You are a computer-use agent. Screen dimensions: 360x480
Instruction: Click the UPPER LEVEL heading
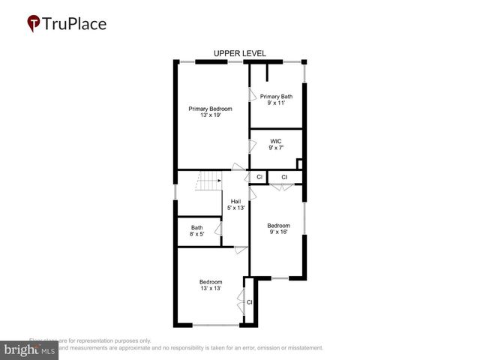tap(239, 53)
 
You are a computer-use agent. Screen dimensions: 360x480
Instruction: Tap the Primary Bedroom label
tap(210, 109)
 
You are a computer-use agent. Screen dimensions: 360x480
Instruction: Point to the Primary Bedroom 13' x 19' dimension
tap(210, 116)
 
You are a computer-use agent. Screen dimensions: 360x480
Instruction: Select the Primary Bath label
tap(276, 96)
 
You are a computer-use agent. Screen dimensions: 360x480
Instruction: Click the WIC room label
tap(276, 140)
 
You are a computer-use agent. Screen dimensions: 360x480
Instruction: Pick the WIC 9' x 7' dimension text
tap(276, 148)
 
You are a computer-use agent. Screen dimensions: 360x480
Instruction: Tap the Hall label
tap(236, 201)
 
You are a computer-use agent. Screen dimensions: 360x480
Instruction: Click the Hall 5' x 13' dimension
tap(236, 208)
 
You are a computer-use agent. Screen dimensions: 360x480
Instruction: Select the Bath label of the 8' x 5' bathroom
tap(196, 228)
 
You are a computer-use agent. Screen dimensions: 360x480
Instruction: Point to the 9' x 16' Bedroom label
tap(279, 225)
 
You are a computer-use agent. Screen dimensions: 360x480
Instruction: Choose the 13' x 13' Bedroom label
tap(211, 281)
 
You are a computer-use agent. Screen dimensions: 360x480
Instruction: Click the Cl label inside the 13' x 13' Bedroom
tap(250, 302)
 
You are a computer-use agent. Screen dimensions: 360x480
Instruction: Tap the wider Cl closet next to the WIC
tap(284, 177)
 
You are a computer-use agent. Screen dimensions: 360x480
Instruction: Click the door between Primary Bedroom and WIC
tap(252, 147)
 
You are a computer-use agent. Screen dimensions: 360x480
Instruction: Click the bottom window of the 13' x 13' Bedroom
tap(216, 325)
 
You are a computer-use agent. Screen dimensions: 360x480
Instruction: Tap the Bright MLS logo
tap(29, 350)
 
